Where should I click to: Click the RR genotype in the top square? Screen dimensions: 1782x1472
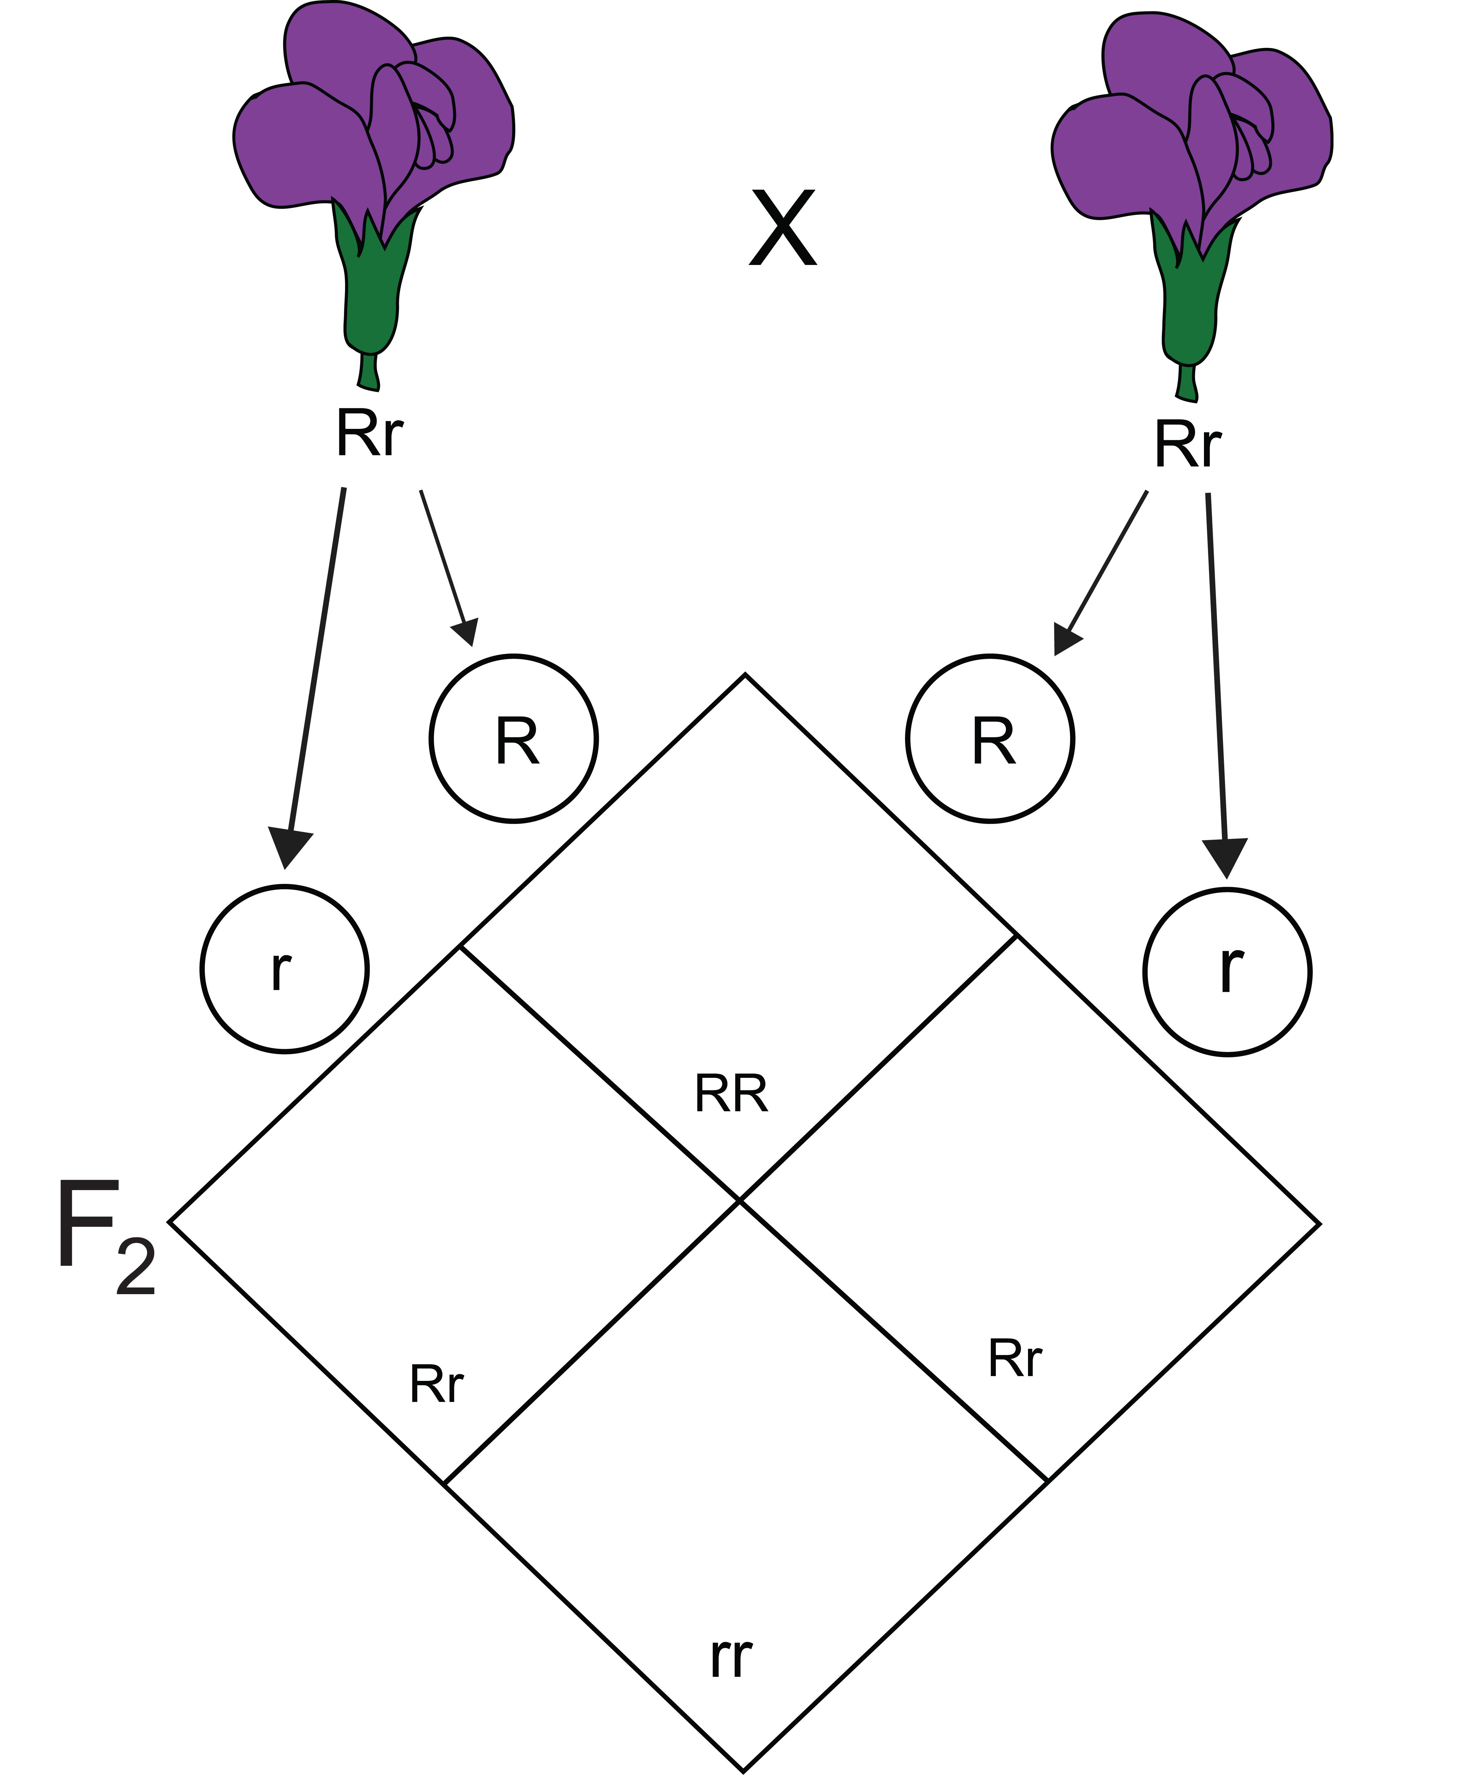coord(731,1094)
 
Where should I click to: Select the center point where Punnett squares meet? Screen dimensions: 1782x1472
coord(740,1200)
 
